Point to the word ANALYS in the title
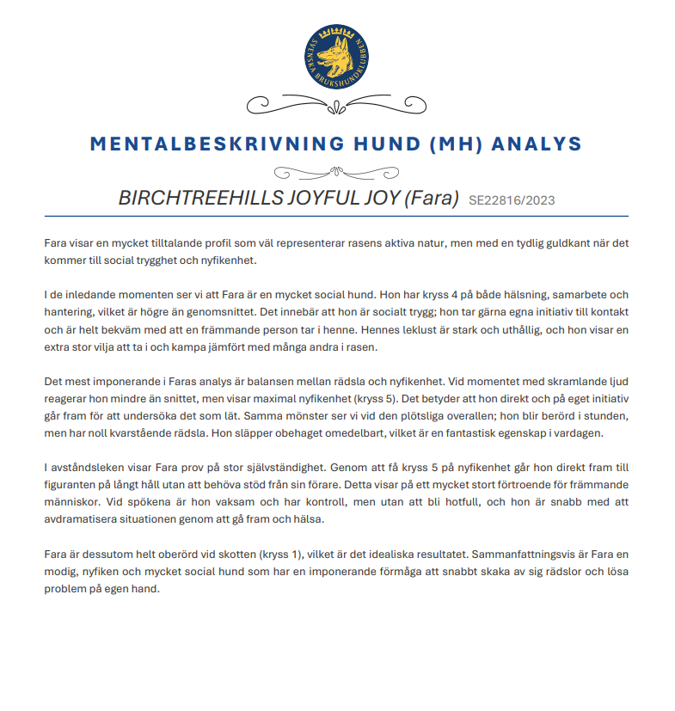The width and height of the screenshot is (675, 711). pyautogui.click(x=537, y=144)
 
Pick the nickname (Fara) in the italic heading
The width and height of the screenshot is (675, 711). pyautogui.click(x=431, y=199)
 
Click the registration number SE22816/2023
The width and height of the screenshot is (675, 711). pyautogui.click(x=512, y=201)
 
